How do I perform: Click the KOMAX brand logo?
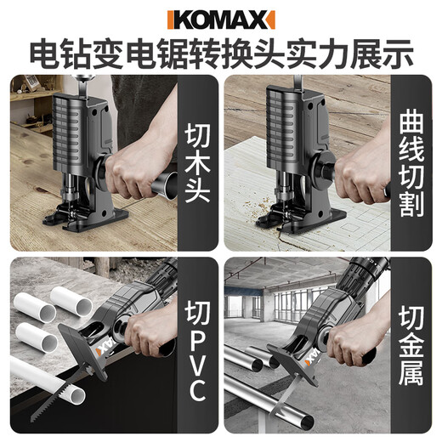pos(220,18)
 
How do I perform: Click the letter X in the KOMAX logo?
pos(264,18)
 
